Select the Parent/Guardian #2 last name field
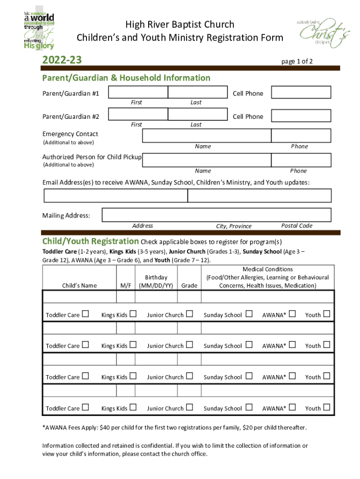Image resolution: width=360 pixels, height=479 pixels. (x=197, y=115)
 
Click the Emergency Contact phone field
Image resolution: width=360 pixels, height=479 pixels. (x=301, y=136)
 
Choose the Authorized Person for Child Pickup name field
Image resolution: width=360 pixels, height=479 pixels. (x=206, y=160)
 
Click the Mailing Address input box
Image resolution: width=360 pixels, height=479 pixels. (x=216, y=215)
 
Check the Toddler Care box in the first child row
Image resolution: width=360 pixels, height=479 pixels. (x=85, y=314)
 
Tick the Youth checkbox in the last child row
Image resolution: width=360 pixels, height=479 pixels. (x=326, y=407)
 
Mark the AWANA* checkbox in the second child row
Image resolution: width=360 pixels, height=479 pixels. (x=293, y=345)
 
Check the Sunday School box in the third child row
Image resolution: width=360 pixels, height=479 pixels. (x=249, y=376)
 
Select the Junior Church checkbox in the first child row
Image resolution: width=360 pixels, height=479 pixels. (x=189, y=314)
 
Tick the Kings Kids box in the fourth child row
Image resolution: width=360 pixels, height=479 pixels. (x=133, y=407)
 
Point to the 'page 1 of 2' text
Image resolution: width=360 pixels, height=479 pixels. (x=297, y=61)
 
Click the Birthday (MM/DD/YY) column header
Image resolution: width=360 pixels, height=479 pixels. (x=156, y=282)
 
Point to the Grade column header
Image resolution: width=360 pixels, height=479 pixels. (x=189, y=285)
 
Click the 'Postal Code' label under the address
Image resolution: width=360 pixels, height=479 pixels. (x=296, y=225)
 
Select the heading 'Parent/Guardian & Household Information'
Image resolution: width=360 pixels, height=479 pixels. (x=126, y=78)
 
